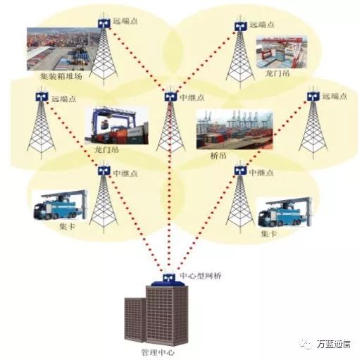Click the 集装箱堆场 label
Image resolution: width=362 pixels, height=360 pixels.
pos(61,76)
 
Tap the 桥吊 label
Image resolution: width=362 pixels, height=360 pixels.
pos(218,155)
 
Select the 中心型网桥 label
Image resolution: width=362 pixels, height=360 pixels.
pos(201,275)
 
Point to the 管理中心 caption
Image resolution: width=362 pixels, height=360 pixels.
pos(158,352)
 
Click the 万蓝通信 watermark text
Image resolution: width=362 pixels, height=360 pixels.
pos(334,344)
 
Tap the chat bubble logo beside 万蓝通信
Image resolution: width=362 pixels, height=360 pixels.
pos(306,344)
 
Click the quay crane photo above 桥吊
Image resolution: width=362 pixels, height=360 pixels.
pos(235,130)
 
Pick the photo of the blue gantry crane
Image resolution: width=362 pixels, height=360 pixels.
pos(116,126)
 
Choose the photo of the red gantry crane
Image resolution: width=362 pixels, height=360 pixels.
pos(282,51)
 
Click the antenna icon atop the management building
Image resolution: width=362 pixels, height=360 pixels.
pos(168,278)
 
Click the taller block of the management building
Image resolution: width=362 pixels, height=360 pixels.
pos(167,316)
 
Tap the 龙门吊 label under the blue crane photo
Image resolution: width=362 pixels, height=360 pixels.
pos(106,149)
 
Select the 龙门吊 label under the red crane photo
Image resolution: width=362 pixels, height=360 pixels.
pos(277,73)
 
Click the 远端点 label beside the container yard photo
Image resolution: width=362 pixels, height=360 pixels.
pos(125,21)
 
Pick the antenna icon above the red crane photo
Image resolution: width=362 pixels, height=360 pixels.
pos(241,25)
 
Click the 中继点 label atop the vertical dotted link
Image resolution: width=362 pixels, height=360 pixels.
pos(192,97)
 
